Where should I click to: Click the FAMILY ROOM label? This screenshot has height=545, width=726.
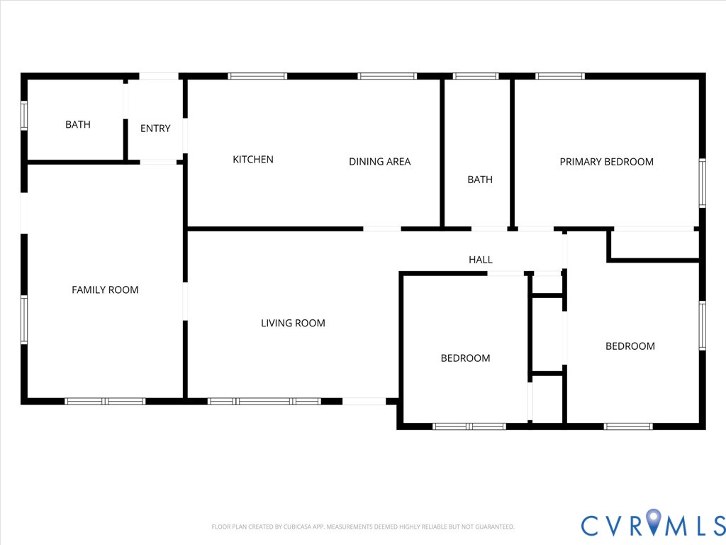tap(105, 290)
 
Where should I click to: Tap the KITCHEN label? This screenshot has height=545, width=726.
tap(253, 160)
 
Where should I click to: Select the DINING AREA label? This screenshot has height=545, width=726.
tap(379, 162)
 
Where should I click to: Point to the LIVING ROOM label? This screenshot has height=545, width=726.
tap(293, 324)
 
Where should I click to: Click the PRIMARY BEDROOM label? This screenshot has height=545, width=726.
tap(606, 162)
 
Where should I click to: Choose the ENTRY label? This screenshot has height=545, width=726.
tap(155, 128)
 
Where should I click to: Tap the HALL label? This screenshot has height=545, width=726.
tap(480, 260)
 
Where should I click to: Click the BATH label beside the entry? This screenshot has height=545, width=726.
tap(78, 125)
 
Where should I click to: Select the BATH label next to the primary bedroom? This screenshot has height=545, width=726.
tap(479, 180)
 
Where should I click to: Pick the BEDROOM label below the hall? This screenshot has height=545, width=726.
tap(465, 358)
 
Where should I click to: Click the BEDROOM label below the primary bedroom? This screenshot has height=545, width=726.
tap(630, 346)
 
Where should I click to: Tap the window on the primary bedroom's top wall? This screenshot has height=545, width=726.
tap(559, 76)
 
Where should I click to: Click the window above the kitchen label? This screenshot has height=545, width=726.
tap(257, 76)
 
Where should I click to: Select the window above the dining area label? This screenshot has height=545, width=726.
tap(386, 76)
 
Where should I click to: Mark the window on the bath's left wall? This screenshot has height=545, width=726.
tap(23, 116)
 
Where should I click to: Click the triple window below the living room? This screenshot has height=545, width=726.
tap(264, 401)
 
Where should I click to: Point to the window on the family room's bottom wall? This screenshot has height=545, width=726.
tap(105, 401)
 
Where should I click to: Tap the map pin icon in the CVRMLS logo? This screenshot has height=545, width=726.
tap(653, 523)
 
